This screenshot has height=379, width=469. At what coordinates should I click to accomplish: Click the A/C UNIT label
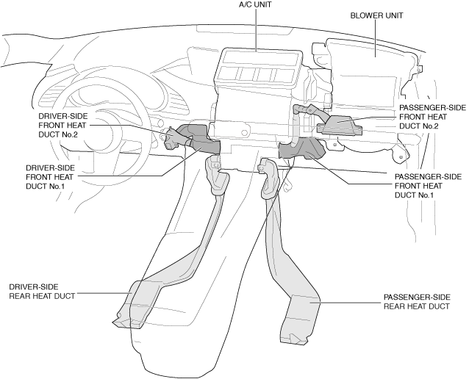pyautogui.click(x=255, y=5)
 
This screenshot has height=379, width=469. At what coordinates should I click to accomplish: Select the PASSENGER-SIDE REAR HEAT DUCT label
pyautogui.click(x=418, y=302)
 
